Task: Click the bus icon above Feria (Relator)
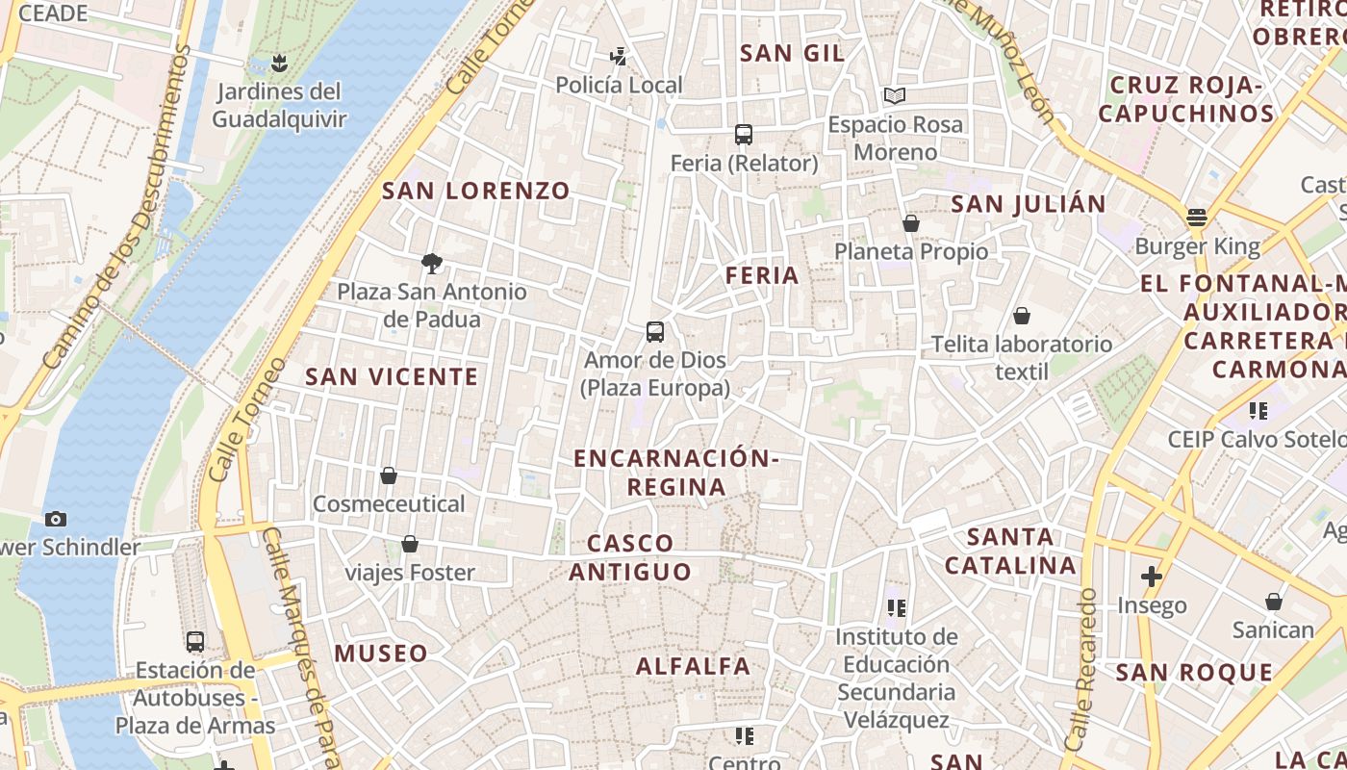[743, 135]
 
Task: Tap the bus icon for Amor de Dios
[655, 332]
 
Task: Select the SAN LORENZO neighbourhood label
[476, 191]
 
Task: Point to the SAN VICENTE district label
[392, 376]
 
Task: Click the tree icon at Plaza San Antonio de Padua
[432, 263]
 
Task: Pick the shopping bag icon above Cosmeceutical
[389, 475]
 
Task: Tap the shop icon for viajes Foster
[410, 545]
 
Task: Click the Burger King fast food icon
[1197, 218]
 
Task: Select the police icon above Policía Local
[619, 57]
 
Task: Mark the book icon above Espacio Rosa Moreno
[895, 96]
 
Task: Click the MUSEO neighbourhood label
[381, 654]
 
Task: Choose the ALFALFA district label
[693, 666]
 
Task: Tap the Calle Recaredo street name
[1081, 670]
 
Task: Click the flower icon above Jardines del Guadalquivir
[279, 64]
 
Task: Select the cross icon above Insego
[1152, 577]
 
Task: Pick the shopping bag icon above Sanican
[1274, 603]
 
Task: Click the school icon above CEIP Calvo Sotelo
[1258, 412]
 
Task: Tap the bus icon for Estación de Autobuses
[195, 642]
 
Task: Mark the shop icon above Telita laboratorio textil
[1022, 316]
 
